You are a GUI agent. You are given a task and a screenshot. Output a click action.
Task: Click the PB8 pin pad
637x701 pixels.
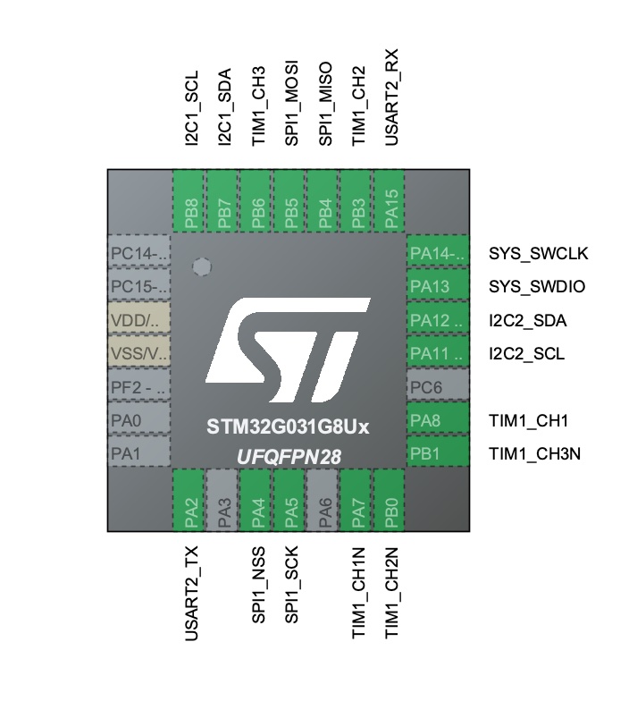coord(189,202)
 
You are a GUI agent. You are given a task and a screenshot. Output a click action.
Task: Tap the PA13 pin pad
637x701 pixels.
coord(438,287)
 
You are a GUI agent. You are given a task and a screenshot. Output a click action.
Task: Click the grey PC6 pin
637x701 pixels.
coord(438,387)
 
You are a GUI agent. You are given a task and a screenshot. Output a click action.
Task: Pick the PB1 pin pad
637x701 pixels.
coord(438,453)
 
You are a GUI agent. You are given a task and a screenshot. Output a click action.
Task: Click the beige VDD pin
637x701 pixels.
coord(138,320)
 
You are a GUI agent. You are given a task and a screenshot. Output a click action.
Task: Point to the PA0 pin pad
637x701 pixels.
coord(138,420)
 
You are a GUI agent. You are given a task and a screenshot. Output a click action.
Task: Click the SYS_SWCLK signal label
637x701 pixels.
coord(539,254)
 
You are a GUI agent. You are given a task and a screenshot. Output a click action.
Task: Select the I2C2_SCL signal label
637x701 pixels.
coord(526,354)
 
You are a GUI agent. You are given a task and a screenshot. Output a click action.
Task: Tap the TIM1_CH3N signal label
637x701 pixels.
coord(535,453)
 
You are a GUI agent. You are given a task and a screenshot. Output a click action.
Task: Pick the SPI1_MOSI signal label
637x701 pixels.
coord(291,104)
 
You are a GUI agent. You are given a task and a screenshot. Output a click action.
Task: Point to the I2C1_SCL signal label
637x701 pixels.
coord(190,109)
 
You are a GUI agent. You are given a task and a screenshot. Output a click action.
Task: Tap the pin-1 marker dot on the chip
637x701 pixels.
coord(202,267)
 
